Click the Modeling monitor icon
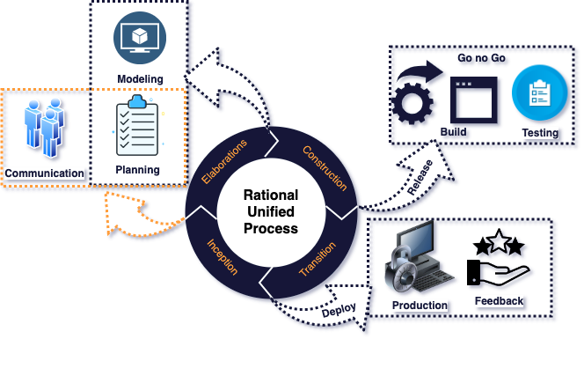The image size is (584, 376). pyautogui.click(x=140, y=38)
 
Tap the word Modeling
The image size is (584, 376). pyautogui.click(x=140, y=79)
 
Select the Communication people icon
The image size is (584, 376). pyautogui.click(x=44, y=128)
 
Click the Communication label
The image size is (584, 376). pyautogui.click(x=44, y=173)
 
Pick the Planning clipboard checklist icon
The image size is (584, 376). pyautogui.click(x=137, y=125)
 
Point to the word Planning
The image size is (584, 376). pyautogui.click(x=137, y=170)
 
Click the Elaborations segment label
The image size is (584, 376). pyautogui.click(x=224, y=161)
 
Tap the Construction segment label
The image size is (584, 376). pyautogui.click(x=325, y=168)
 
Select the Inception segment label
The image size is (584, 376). pyautogui.click(x=223, y=256)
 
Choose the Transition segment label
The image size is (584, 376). pyautogui.click(x=318, y=259)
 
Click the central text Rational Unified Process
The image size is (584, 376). pyautogui.click(x=271, y=211)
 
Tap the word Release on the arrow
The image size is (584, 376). pyautogui.click(x=420, y=177)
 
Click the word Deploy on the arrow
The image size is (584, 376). pyautogui.click(x=339, y=310)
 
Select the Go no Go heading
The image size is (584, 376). pyautogui.click(x=481, y=58)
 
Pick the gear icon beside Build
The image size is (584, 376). pyautogui.click(x=412, y=103)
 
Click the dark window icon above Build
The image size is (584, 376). pyautogui.click(x=474, y=100)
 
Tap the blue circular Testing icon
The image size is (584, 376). pyautogui.click(x=540, y=92)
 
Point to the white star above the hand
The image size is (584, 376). pyautogui.click(x=499, y=240)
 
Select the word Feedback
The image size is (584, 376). pyautogui.click(x=499, y=301)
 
